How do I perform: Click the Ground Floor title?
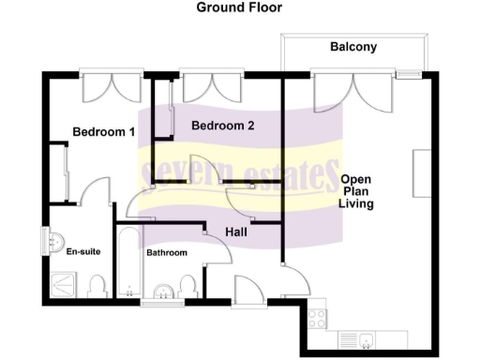tap(239, 7)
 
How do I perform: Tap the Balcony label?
tap(352, 47)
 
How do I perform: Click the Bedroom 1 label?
tap(103, 132)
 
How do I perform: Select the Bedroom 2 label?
tap(222, 126)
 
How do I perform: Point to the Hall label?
tap(238, 232)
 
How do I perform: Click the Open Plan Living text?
tap(357, 191)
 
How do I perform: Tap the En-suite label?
tap(82, 251)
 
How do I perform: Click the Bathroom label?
tap(166, 253)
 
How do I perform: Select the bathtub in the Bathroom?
tap(127, 262)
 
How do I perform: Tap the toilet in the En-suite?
tap(97, 285)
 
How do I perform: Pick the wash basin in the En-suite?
tap(51, 242)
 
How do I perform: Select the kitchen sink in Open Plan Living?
tap(359, 338)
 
